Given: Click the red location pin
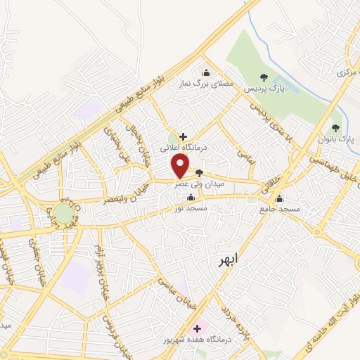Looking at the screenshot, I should click(180, 165).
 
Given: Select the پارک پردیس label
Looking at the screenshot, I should click(264, 91).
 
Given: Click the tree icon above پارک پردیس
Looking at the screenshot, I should click(264, 77).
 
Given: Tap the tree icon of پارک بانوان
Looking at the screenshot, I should click(335, 127).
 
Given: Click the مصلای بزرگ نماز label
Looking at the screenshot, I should click(206, 84).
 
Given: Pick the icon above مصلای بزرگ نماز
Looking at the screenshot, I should click(206, 72).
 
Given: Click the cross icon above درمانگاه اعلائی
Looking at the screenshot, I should click(183, 136).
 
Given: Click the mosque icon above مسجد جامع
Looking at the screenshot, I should click(280, 198).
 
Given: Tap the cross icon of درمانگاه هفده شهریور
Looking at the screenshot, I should click(197, 328).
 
